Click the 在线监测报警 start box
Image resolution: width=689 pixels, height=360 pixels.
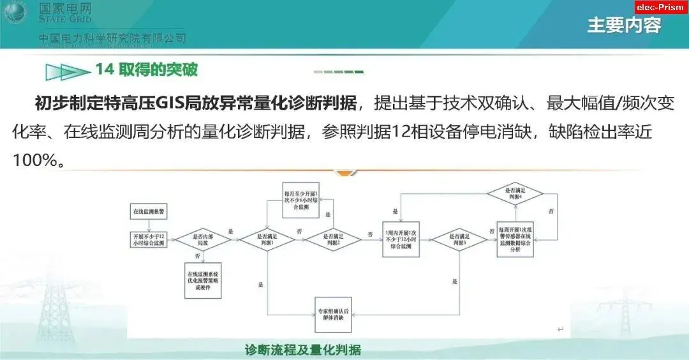(x=148, y=211)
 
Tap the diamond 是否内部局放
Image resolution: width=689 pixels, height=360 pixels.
(x=202, y=239)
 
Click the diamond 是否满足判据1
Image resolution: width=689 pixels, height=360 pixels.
(x=267, y=239)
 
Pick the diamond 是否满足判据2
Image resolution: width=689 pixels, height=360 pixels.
(x=332, y=239)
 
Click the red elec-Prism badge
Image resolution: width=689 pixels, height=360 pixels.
(x=662, y=7)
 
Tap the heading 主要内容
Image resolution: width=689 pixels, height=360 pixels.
(x=623, y=26)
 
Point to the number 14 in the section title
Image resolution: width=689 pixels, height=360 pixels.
(x=104, y=69)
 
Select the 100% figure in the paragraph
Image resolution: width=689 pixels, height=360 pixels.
(x=34, y=160)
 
